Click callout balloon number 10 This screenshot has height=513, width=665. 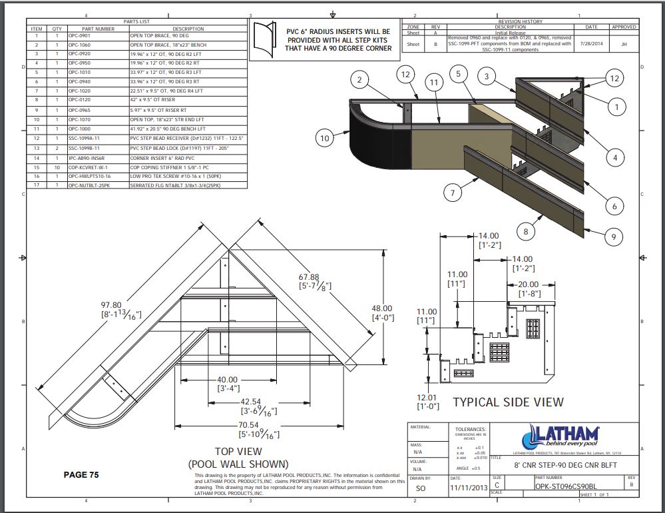[325, 138]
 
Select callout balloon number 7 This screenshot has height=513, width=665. [452, 193]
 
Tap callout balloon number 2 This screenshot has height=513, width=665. [359, 81]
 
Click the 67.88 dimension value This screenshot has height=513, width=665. [310, 277]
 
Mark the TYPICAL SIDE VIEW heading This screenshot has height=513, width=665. [508, 402]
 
